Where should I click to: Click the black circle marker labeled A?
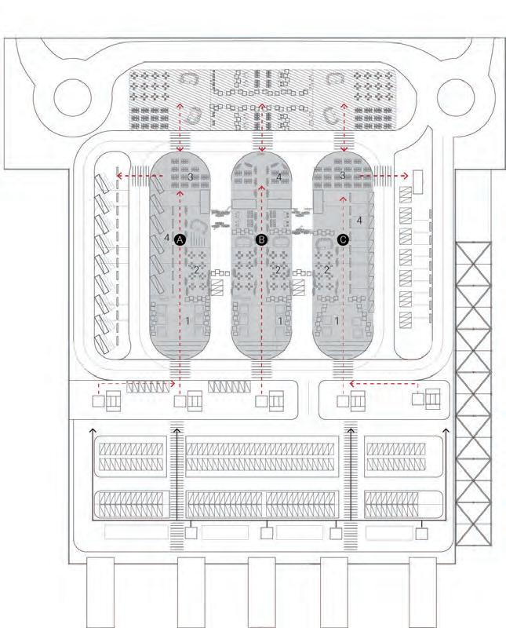click(180, 239)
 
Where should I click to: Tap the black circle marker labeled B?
click(262, 239)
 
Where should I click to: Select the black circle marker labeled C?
click(343, 239)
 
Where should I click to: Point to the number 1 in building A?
click(188, 321)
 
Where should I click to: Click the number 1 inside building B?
click(280, 321)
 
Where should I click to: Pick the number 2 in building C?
click(327, 268)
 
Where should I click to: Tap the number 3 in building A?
click(191, 177)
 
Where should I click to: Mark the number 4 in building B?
click(279, 177)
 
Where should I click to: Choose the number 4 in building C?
click(359, 221)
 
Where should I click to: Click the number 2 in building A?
click(196, 269)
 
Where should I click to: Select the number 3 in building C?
click(342, 177)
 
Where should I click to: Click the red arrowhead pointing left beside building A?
click(118, 176)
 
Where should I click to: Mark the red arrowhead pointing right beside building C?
click(405, 176)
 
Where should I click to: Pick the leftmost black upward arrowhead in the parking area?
click(91, 431)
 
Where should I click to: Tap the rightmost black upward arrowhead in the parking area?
click(447, 431)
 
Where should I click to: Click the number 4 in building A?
click(167, 236)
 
